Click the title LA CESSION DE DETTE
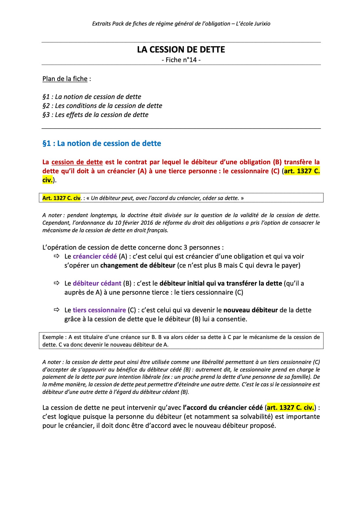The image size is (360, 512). click(181, 50)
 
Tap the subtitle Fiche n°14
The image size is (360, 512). click(181, 60)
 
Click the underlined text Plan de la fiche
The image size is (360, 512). click(65, 79)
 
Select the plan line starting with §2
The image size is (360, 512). click(102, 106)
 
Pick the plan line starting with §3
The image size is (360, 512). click(95, 115)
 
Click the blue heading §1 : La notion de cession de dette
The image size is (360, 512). click(102, 143)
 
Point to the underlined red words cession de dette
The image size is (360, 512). click(77, 162)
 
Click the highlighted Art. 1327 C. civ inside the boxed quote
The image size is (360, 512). click(61, 198)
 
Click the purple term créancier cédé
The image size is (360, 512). click(95, 256)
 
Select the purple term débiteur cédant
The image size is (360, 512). click(97, 283)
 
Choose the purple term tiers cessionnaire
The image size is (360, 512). click(99, 310)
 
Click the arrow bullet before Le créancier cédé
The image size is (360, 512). click(56, 256)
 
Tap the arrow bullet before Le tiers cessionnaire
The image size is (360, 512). click(56, 310)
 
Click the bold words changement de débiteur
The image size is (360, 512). click(138, 265)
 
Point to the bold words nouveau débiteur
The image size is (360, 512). click(250, 310)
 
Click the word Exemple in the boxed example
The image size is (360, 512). click(53, 337)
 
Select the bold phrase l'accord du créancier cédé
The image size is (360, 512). click(223, 408)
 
